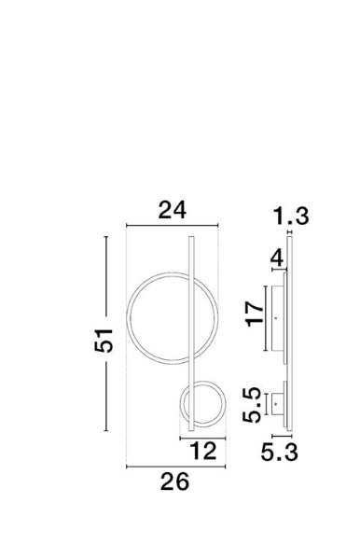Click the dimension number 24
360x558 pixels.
click(x=172, y=210)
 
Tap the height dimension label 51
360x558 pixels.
click(x=104, y=341)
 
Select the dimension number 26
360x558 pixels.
click(x=174, y=481)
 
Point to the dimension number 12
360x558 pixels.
click(x=203, y=452)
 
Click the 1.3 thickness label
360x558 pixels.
click(x=291, y=216)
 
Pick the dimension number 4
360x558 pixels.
click(x=277, y=258)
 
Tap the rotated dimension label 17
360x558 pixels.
click(x=255, y=314)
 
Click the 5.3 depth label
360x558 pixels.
click(x=280, y=453)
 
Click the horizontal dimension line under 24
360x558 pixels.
click(x=173, y=225)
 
